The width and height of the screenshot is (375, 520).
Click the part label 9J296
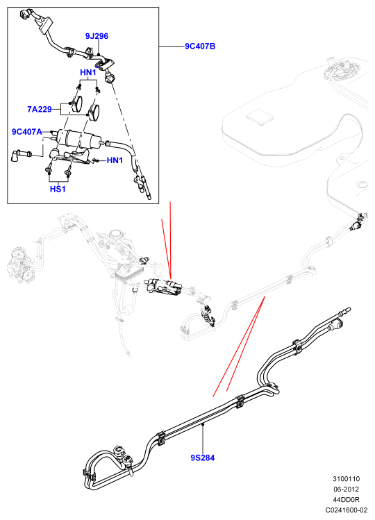pos(97,36)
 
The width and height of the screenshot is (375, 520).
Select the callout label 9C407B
pos(200,46)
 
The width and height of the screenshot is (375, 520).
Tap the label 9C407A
pos(27,132)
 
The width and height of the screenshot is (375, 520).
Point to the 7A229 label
pos(39,109)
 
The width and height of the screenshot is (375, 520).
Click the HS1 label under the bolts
pos(58,189)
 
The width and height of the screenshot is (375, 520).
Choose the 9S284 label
pos(203,458)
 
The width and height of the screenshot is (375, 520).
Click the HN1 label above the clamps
pos(88,72)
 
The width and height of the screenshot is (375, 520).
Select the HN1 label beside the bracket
pos(115,160)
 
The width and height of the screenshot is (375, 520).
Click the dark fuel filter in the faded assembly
pos(164,287)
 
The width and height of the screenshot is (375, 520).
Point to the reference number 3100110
pos(346,479)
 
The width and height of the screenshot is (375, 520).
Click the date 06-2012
pos(346,489)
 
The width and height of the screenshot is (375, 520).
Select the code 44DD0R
pos(346,499)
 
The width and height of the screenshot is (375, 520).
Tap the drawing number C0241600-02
pos(346,510)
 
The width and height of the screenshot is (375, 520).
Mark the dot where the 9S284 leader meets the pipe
pos(203,424)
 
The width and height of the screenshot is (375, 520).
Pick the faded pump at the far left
pos(20,265)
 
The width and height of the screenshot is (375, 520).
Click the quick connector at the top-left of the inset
pos(26,14)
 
